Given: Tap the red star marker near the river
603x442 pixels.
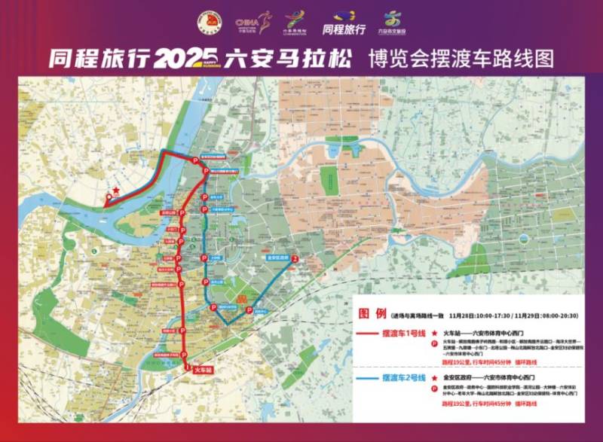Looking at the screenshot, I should [116, 191].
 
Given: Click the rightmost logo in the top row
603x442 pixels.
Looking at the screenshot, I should [393, 23].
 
